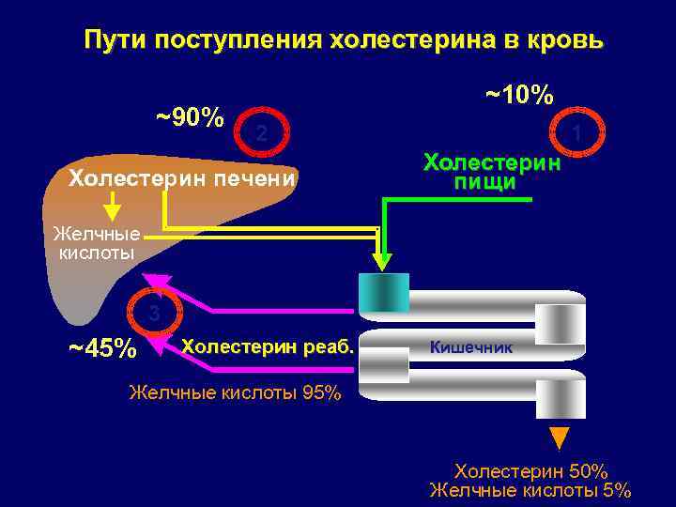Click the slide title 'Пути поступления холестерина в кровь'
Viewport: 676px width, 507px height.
point(344,41)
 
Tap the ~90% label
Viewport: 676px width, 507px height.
point(190,118)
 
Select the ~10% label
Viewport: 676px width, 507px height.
point(519,95)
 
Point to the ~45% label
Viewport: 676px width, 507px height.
point(103,348)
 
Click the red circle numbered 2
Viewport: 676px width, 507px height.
point(262,134)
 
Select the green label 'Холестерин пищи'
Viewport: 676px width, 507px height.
point(492,172)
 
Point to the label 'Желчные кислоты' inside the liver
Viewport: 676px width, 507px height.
point(96,243)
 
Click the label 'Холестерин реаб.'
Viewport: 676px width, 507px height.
point(268,346)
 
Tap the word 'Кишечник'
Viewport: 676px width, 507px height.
point(471,347)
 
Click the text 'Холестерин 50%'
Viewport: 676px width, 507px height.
point(530,470)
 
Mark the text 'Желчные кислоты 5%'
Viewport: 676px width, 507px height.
point(530,490)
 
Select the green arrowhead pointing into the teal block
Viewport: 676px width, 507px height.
point(382,256)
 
